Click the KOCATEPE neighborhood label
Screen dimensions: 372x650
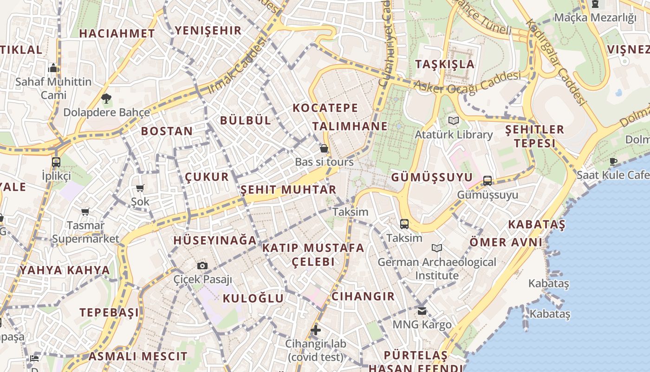[325, 108]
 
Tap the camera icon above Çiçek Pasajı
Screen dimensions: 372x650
[202, 266]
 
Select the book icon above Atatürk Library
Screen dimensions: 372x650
[453, 121]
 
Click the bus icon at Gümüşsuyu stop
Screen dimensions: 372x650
[487, 181]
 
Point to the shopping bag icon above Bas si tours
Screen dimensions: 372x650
[324, 148]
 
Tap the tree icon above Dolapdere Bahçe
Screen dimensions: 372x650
[106, 98]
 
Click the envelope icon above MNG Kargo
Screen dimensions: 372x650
[422, 311]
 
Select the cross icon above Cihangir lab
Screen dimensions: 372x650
[316, 330]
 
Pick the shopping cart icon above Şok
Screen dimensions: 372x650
[140, 188]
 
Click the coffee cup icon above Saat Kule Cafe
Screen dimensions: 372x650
[613, 161]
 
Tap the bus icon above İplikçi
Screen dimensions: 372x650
[56, 162]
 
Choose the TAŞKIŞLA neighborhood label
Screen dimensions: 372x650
[445, 64]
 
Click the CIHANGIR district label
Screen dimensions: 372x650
[363, 296]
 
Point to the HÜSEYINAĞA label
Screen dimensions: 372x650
[214, 240]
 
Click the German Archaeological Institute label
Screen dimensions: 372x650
[436, 269]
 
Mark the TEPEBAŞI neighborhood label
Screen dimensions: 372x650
[109, 312]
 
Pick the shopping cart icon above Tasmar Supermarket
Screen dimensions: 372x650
[85, 212]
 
